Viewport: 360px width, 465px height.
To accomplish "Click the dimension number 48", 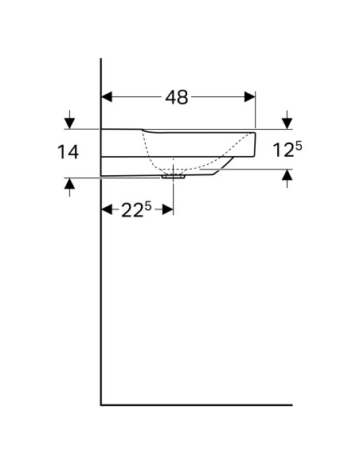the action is pos(177,97).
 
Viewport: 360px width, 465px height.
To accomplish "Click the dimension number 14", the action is pos(68,152).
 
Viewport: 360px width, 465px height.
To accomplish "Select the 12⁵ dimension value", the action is pos(287,149).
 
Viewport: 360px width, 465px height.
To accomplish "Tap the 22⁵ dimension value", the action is pos(136,210).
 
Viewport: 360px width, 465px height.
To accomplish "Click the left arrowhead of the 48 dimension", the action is pos(107,97).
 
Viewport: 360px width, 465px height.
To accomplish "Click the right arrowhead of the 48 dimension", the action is pos(249,97).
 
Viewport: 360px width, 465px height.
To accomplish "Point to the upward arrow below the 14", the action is pos(69,187).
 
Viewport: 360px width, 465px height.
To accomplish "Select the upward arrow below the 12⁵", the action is pos(287,178).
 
